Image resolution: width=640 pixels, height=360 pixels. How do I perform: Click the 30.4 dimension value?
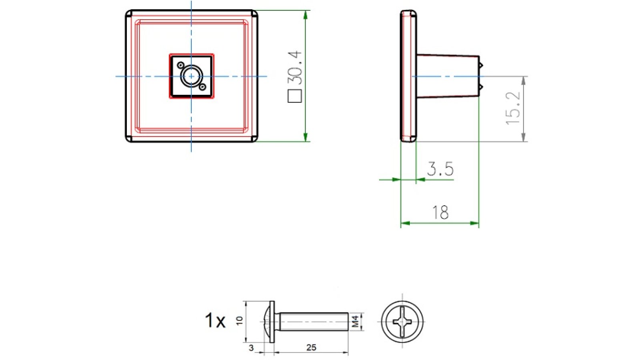click(295, 67)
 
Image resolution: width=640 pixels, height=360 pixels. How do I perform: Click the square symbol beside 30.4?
click(295, 96)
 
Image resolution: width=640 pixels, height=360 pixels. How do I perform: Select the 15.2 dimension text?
click(513, 108)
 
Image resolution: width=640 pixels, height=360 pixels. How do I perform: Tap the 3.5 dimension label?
click(440, 169)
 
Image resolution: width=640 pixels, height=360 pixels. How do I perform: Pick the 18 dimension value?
click(440, 212)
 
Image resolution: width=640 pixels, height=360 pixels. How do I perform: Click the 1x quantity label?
click(215, 320)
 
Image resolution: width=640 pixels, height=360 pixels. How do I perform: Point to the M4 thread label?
click(355, 321)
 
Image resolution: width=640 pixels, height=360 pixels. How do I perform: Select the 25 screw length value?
click(311, 347)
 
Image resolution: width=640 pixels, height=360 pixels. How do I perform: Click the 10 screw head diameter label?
click(239, 320)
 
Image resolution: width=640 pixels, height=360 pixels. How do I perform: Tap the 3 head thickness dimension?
click(251, 348)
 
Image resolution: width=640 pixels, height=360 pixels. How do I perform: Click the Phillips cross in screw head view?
click(402, 321)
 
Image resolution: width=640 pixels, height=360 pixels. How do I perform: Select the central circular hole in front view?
click(191, 76)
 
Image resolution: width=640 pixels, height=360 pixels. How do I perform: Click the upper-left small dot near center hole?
click(181, 65)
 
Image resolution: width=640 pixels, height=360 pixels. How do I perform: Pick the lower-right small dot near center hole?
click(202, 87)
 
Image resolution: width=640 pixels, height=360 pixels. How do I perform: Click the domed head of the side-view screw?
click(266, 321)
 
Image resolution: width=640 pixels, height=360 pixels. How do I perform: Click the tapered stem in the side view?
click(448, 76)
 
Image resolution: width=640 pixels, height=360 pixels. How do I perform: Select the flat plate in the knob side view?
click(408, 76)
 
